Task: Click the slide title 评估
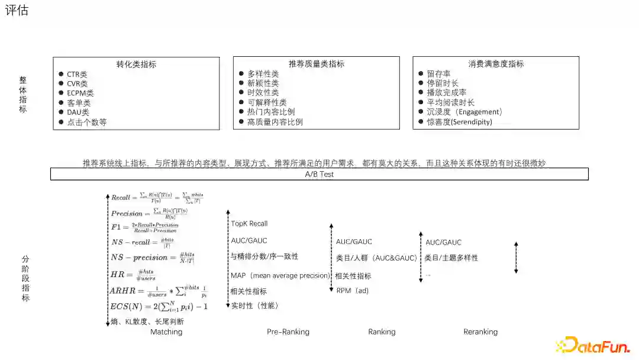point(17,11)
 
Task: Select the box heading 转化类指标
point(136,65)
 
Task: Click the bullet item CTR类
point(77,75)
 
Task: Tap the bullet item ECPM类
point(80,94)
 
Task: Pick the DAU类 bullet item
point(78,112)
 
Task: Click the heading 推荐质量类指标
point(317,64)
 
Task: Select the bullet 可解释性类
point(267,102)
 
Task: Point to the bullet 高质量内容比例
point(275,122)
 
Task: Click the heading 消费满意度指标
point(496,64)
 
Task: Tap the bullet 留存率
point(438,74)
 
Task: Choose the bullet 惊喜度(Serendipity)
point(459,122)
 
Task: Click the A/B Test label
point(319,174)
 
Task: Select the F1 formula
point(144,227)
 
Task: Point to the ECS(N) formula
point(159,307)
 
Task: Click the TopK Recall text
point(249,224)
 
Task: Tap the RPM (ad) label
point(353,291)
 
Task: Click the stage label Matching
point(166,332)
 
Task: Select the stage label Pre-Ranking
point(288,332)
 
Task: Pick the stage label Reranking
point(480,332)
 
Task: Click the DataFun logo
point(592,345)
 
